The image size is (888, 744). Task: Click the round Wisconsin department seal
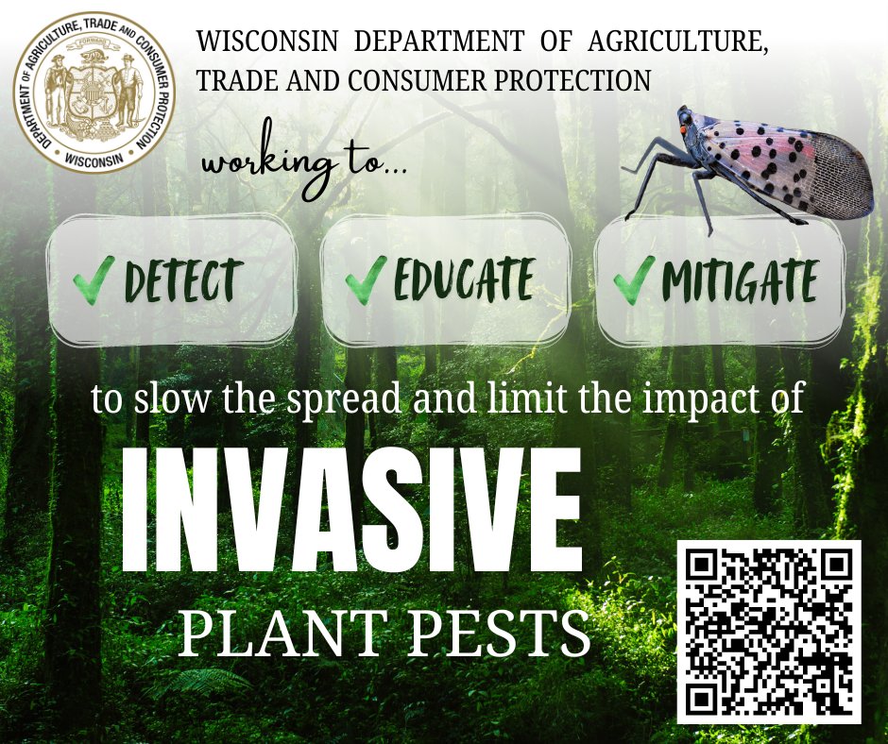(94, 93)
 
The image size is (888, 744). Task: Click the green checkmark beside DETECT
(94, 279)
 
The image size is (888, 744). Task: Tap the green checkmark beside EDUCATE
(366, 279)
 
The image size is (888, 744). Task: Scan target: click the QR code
(768, 632)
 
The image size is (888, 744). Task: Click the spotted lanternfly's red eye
(686, 121)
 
